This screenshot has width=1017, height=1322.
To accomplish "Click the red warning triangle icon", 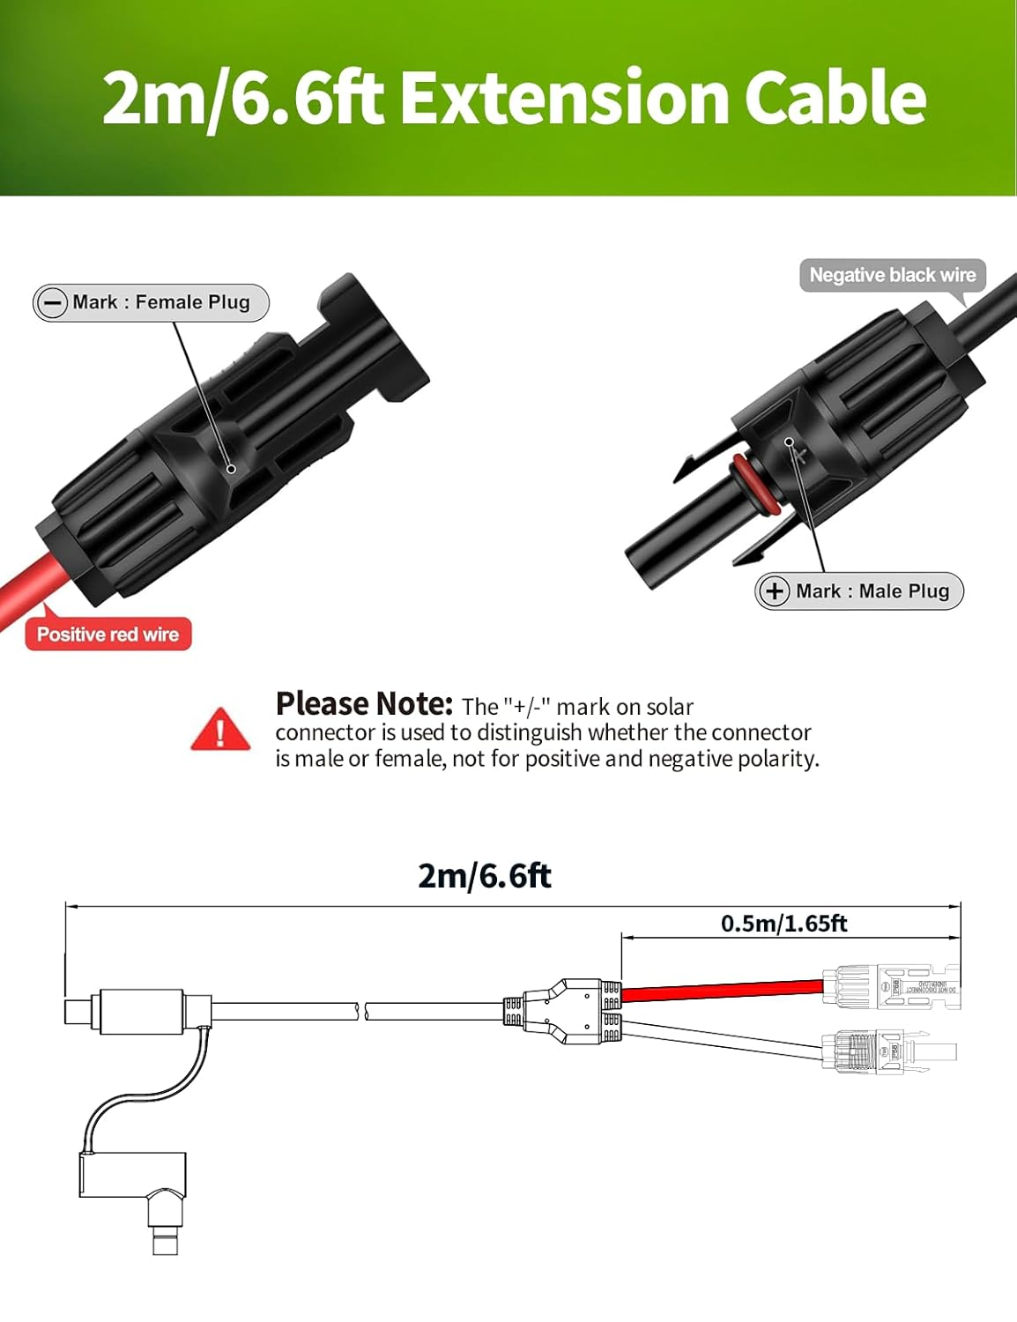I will point(220,730).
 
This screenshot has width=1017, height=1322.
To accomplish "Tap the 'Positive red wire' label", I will point(108,635).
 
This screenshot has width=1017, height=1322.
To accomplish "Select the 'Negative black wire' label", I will point(892,275).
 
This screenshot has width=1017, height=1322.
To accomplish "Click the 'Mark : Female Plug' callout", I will point(151,302).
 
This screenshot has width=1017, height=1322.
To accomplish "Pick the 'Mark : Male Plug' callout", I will point(859,591).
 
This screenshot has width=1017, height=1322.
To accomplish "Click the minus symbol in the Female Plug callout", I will point(52,303).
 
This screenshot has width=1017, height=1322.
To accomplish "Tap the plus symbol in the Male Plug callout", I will point(774,591).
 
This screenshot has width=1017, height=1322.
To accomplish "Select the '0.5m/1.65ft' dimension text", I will point(783,924).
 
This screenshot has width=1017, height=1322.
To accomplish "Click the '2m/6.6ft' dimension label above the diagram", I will point(484,876).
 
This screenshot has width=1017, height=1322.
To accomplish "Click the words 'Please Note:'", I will point(363,704).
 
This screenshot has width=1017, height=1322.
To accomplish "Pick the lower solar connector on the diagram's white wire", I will point(886,1051).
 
